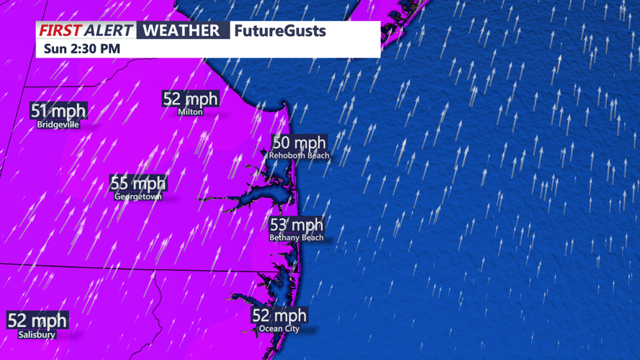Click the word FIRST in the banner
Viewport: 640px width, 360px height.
pyautogui.click(x=60, y=31)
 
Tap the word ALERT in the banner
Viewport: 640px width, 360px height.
pyautogui.click(x=108, y=31)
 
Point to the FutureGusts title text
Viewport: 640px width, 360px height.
pyautogui.click(x=279, y=31)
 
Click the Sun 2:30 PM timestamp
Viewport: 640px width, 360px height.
pyautogui.click(x=82, y=49)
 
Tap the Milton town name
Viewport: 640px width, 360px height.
pyautogui.click(x=191, y=112)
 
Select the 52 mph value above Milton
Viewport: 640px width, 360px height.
pyautogui.click(x=191, y=99)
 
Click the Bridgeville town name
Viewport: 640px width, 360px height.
pyautogui.click(x=58, y=125)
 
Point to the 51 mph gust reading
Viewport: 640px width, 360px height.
pyautogui.click(x=58, y=111)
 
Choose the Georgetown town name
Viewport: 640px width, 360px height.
pyautogui.click(x=138, y=196)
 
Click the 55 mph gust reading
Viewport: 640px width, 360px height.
pyautogui.click(x=138, y=183)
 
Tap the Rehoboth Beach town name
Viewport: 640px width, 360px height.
pyautogui.click(x=299, y=156)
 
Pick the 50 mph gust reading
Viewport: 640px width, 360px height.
pyautogui.click(x=299, y=143)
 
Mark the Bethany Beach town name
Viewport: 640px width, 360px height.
pyautogui.click(x=297, y=238)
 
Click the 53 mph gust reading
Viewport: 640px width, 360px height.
pyautogui.click(x=297, y=225)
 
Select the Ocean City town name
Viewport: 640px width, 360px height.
pyautogui.click(x=279, y=328)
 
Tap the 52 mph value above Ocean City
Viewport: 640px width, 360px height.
pyautogui.click(x=279, y=315)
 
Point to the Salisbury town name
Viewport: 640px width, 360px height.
pyautogui.click(x=37, y=334)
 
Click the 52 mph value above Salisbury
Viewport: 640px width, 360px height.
pyautogui.click(x=37, y=320)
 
